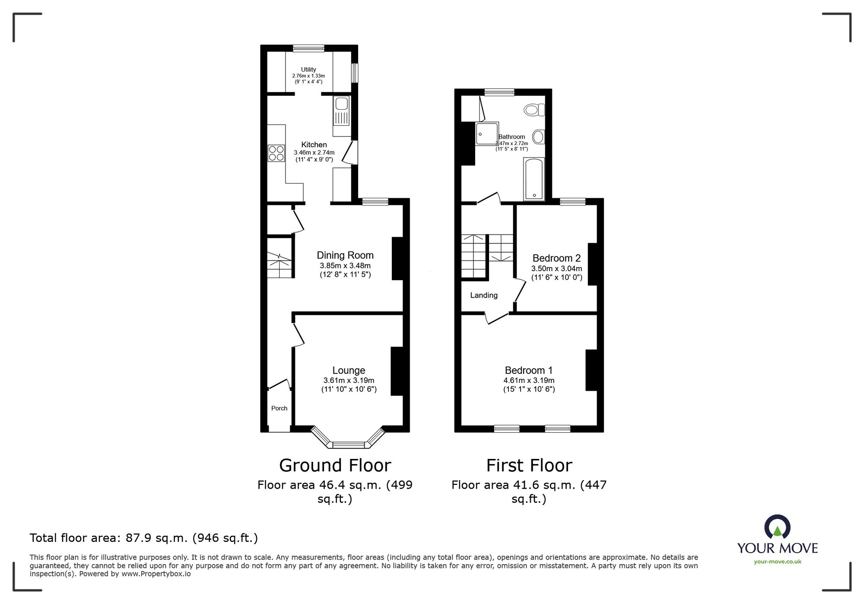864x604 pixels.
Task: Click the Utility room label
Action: click(308, 70)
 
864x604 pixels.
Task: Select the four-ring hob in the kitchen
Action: click(276, 153)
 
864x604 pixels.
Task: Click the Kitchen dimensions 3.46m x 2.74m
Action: click(314, 152)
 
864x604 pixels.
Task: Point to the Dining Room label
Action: click(345, 255)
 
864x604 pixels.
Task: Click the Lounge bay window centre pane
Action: click(348, 445)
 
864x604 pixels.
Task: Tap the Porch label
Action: click(279, 408)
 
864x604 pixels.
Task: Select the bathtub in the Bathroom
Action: click(534, 179)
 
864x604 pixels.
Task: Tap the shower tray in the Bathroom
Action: click(486, 134)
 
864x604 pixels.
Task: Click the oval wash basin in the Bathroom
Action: click(538, 137)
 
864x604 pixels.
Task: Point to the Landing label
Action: click(484, 295)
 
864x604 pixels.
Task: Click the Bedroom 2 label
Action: click(556, 258)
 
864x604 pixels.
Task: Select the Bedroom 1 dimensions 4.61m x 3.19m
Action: click(529, 380)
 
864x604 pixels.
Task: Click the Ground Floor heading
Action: click(335, 465)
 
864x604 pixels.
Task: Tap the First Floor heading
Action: click(529, 465)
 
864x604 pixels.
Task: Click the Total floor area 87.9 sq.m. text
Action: click(143, 538)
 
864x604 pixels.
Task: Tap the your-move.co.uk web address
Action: click(777, 562)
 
